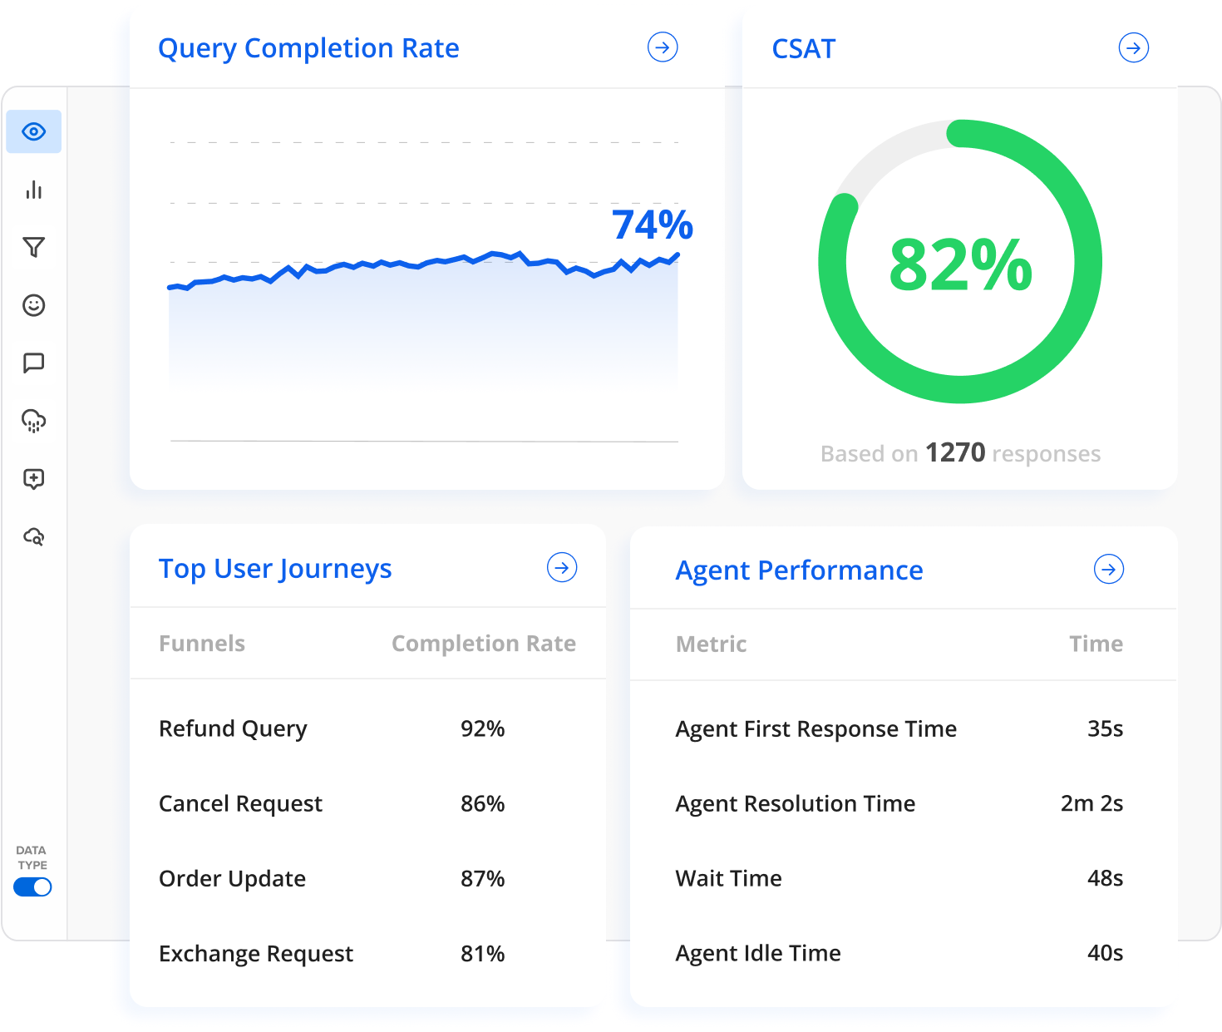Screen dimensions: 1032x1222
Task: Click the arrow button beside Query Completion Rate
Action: tap(663, 47)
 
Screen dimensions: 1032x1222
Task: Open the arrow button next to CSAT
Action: tap(1133, 47)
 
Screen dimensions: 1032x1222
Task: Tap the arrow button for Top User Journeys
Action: tap(562, 568)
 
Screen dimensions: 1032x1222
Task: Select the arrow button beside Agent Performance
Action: tap(1109, 570)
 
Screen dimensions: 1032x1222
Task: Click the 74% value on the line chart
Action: tap(653, 225)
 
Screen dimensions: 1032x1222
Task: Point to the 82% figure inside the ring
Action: tap(960, 265)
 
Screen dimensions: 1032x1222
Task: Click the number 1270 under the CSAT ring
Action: tap(955, 453)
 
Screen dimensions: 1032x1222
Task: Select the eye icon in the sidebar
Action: tap(34, 131)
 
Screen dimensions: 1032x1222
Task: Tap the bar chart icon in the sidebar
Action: tap(34, 190)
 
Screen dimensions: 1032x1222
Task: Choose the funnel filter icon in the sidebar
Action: tap(34, 247)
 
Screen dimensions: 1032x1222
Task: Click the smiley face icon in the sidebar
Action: tap(34, 305)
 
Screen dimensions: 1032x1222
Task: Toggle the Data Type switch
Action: tap(32, 887)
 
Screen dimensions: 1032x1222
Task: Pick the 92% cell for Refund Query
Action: tap(483, 728)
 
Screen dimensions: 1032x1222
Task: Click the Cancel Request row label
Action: tap(240, 803)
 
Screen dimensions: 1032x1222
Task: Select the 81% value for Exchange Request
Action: tap(483, 953)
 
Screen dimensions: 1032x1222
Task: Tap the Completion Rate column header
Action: tap(483, 644)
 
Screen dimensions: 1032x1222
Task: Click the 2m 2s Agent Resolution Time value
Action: tap(1091, 803)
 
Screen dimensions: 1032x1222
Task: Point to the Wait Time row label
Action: tap(728, 878)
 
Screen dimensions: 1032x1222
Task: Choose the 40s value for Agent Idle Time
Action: tap(1105, 953)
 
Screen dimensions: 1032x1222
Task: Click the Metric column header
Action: tap(711, 644)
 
